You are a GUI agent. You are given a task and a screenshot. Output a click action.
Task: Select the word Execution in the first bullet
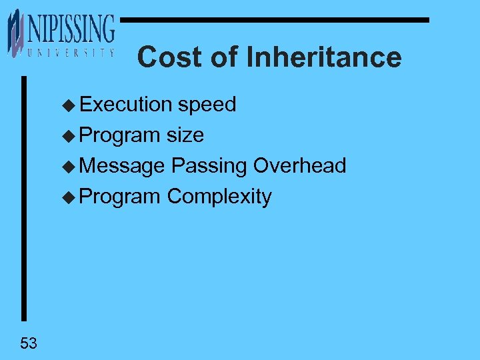tap(126, 105)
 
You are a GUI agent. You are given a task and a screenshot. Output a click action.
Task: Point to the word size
tap(185, 135)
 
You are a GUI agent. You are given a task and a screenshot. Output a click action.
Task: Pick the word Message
tap(122, 166)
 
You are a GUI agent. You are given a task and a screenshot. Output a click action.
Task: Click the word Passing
tap(209, 166)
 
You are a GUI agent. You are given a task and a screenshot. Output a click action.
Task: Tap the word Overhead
tap(299, 166)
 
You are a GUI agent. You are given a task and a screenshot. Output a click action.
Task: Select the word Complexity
tap(219, 197)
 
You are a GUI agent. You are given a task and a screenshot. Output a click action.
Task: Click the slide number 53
tap(29, 344)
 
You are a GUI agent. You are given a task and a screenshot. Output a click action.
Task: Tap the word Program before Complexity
tap(120, 197)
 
